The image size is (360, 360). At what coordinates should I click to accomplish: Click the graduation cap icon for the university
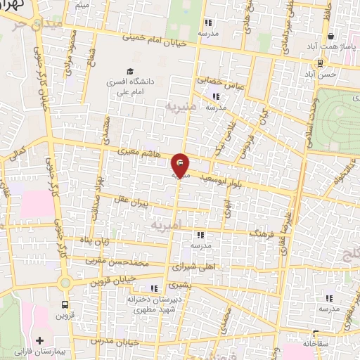click(130, 71)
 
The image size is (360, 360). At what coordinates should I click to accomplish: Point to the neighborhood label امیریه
click(167, 225)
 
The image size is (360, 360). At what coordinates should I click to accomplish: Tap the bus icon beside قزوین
click(65, 305)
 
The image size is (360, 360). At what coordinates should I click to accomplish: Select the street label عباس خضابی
click(218, 82)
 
